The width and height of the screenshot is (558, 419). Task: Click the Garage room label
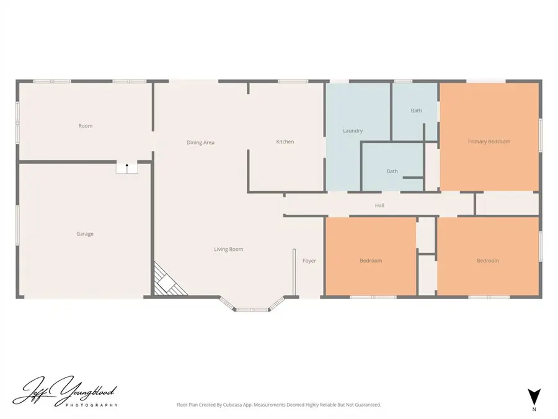(x=85, y=234)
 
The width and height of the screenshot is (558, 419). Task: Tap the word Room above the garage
(x=86, y=126)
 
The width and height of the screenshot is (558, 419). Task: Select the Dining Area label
(x=200, y=143)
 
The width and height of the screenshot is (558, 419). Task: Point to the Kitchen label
(x=285, y=142)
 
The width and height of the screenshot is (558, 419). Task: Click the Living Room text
(x=229, y=250)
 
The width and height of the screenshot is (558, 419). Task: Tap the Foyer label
(x=309, y=261)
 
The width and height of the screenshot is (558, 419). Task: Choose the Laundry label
(x=353, y=131)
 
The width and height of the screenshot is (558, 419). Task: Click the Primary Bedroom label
(x=489, y=142)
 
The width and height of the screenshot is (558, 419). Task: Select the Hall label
(x=379, y=205)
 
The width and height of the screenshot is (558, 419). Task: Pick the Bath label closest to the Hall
(x=392, y=171)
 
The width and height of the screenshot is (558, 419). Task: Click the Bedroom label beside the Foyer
(x=371, y=261)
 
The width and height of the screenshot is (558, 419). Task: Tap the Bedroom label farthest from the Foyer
(x=487, y=261)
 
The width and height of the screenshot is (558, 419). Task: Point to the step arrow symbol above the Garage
(x=127, y=166)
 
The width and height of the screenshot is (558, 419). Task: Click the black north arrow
(x=533, y=396)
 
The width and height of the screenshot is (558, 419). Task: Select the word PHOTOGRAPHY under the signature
(x=91, y=405)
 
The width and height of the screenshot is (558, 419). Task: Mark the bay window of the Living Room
(x=252, y=306)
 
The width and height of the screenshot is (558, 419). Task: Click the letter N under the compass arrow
(x=533, y=410)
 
